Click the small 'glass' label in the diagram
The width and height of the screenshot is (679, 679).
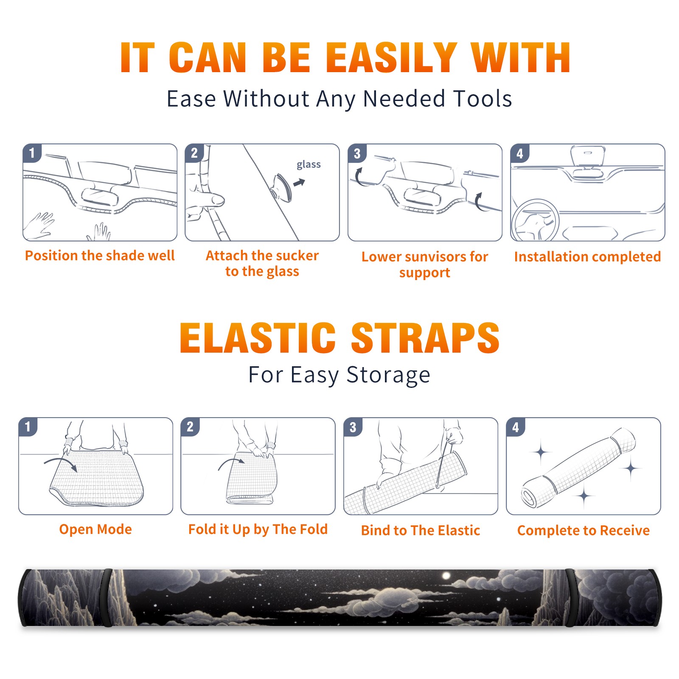309,165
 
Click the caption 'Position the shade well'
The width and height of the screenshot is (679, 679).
100,255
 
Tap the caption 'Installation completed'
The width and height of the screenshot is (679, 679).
587,257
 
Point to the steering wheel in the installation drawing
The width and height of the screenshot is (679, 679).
535,220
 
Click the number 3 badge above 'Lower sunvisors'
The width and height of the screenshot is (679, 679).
357,153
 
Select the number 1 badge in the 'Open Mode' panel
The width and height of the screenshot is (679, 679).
28,426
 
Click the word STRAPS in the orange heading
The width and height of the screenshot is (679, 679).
425,338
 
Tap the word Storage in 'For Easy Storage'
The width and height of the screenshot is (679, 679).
388,375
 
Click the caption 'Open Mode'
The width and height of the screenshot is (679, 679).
95,529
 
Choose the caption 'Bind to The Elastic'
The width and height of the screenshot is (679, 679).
420,530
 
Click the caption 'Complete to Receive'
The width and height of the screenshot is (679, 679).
584,530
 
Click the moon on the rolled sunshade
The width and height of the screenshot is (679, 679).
446,576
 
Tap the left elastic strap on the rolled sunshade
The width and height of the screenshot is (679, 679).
106,598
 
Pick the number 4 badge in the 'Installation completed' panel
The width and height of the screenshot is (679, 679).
520,153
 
